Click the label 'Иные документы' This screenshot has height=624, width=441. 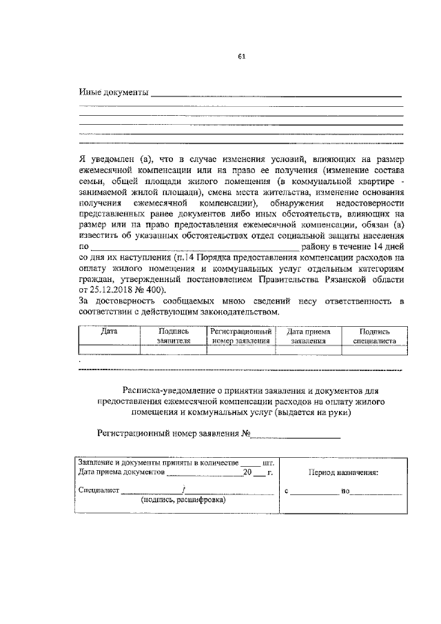click(114, 92)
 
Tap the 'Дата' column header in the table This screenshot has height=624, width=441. click(109, 332)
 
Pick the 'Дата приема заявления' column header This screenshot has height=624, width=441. click(308, 336)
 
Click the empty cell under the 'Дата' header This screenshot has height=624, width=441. click(109, 350)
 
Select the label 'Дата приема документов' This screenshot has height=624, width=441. click(121, 473)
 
